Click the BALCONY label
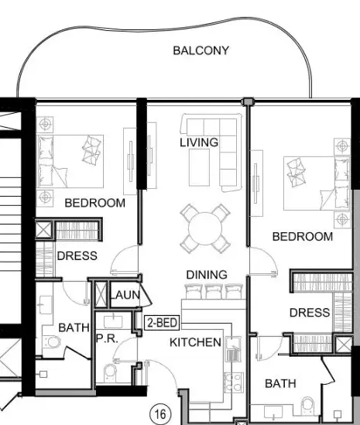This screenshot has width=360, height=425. coord(201,50)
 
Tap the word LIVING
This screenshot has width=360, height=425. coord(199,142)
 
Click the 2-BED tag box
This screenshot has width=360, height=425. coord(162,323)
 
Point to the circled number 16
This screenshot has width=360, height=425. coord(160,414)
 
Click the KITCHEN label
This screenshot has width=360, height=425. coord(195,342)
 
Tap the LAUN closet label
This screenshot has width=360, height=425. coord(125,295)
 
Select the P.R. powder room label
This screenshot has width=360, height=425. coord(107,338)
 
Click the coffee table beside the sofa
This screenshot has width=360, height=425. coord(199,167)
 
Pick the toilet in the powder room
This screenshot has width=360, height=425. coord(110,372)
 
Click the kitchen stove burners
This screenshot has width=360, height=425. coord(234,382)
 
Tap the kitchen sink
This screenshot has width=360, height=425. coord(233,349)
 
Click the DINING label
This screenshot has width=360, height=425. coord(207,275)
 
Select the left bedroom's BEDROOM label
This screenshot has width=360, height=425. coord(95,203)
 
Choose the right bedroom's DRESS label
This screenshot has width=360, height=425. coord(310,313)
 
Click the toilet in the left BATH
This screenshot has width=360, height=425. coord(52,342)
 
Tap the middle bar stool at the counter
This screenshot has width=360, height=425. coord(214,291)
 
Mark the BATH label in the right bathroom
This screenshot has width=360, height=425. coord(280,383)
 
